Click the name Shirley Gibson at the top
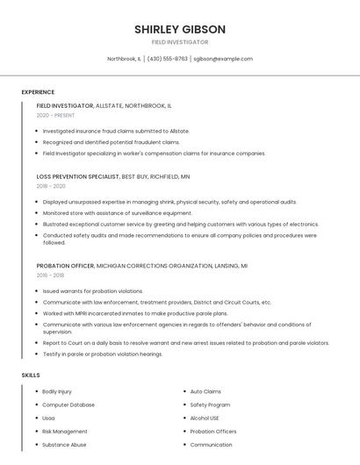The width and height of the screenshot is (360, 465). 180,29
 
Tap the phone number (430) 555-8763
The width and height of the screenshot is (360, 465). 167,59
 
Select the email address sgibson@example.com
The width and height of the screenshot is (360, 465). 223,59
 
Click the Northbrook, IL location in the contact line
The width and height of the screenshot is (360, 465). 124,59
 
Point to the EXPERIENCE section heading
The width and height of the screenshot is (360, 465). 38,92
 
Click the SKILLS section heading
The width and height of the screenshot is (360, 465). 31,375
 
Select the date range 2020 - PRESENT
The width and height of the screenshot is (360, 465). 56,115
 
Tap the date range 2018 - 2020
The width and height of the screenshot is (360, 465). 51,186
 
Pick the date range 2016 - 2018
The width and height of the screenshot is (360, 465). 50,275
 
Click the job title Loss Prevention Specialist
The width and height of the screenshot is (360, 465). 78,176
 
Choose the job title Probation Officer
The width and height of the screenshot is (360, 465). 65,265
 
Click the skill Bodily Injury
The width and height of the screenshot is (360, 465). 57,391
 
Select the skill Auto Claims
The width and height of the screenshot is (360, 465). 205,391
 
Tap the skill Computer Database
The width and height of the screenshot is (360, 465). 68,404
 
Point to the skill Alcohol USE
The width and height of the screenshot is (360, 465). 205,418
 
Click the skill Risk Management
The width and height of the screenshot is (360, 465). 65,432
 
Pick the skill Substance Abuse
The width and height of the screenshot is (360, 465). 64,445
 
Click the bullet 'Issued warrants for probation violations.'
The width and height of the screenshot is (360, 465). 93,290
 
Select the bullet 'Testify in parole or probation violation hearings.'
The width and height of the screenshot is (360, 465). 103,354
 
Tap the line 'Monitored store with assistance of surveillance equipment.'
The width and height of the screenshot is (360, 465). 117,212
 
